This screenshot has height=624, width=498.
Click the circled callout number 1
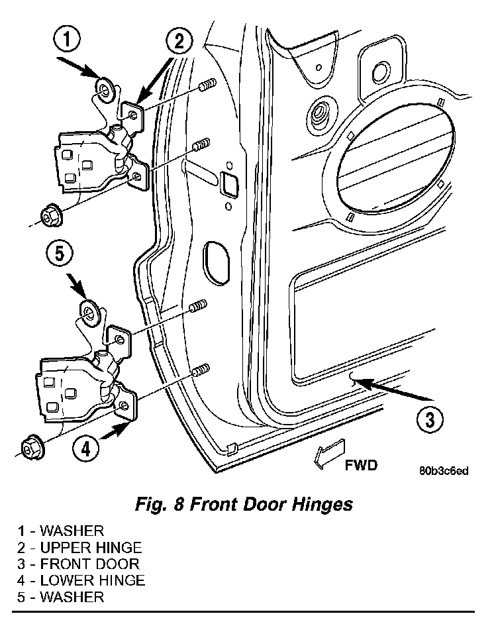point(66,40)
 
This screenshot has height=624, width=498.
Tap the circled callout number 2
point(179,41)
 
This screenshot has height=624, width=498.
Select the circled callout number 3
point(430,419)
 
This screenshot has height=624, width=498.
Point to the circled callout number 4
point(86,449)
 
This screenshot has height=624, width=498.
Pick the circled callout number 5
point(59,254)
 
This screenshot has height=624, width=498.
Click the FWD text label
point(361,465)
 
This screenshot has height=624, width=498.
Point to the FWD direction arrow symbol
point(329,453)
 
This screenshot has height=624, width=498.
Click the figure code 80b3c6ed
point(444,471)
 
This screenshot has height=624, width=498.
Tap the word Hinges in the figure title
point(323,505)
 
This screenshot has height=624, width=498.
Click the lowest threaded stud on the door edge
point(201,370)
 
